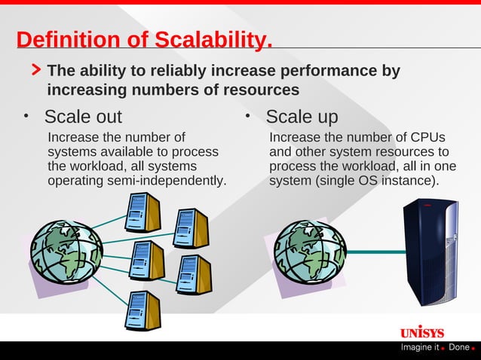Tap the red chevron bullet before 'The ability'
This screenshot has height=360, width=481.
pyautogui.click(x=35, y=71)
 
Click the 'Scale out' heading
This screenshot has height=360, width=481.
pyautogui.click(x=83, y=117)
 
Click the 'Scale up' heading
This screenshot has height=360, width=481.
pyautogui.click(x=302, y=117)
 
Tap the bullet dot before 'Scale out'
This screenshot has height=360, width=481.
pyautogui.click(x=26, y=117)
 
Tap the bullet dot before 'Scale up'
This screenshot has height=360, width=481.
pyautogui.click(x=247, y=117)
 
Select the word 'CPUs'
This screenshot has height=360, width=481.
pyautogui.click(x=427, y=138)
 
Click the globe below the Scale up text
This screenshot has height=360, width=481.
pyautogui.click(x=309, y=249)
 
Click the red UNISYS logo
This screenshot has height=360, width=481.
pyautogui.click(x=421, y=332)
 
